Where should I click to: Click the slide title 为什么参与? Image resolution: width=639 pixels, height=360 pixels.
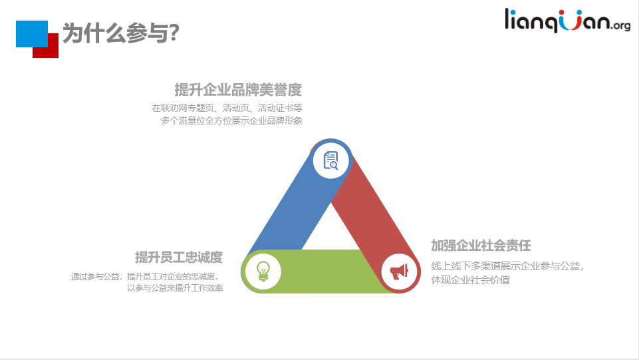pos(120,33)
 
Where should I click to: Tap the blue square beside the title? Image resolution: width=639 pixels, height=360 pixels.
pos(32,34)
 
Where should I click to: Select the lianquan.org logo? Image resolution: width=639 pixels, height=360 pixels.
pos(567,21)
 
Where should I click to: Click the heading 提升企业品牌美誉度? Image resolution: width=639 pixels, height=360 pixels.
pos(238,90)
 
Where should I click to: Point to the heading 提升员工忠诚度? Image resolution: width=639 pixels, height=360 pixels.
pos(179,258)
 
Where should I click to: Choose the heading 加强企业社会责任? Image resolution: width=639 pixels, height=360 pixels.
pos(481,246)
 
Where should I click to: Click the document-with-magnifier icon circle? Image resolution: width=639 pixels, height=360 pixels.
pos(331,160)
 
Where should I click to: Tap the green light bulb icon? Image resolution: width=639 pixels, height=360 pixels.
pos(263,271)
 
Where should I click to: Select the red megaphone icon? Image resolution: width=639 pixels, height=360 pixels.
pos(399,271)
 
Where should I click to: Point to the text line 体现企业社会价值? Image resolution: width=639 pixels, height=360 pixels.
pos(470,280)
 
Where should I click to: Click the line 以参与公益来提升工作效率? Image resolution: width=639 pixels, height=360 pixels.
pos(175,288)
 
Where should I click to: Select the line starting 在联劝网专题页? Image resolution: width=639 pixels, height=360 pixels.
pos(227,108)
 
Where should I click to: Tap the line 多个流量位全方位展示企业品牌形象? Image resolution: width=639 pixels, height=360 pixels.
pos(231,120)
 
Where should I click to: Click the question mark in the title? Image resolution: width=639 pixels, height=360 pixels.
pos(174,33)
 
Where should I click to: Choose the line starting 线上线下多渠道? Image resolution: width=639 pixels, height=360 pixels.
pos(507,266)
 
